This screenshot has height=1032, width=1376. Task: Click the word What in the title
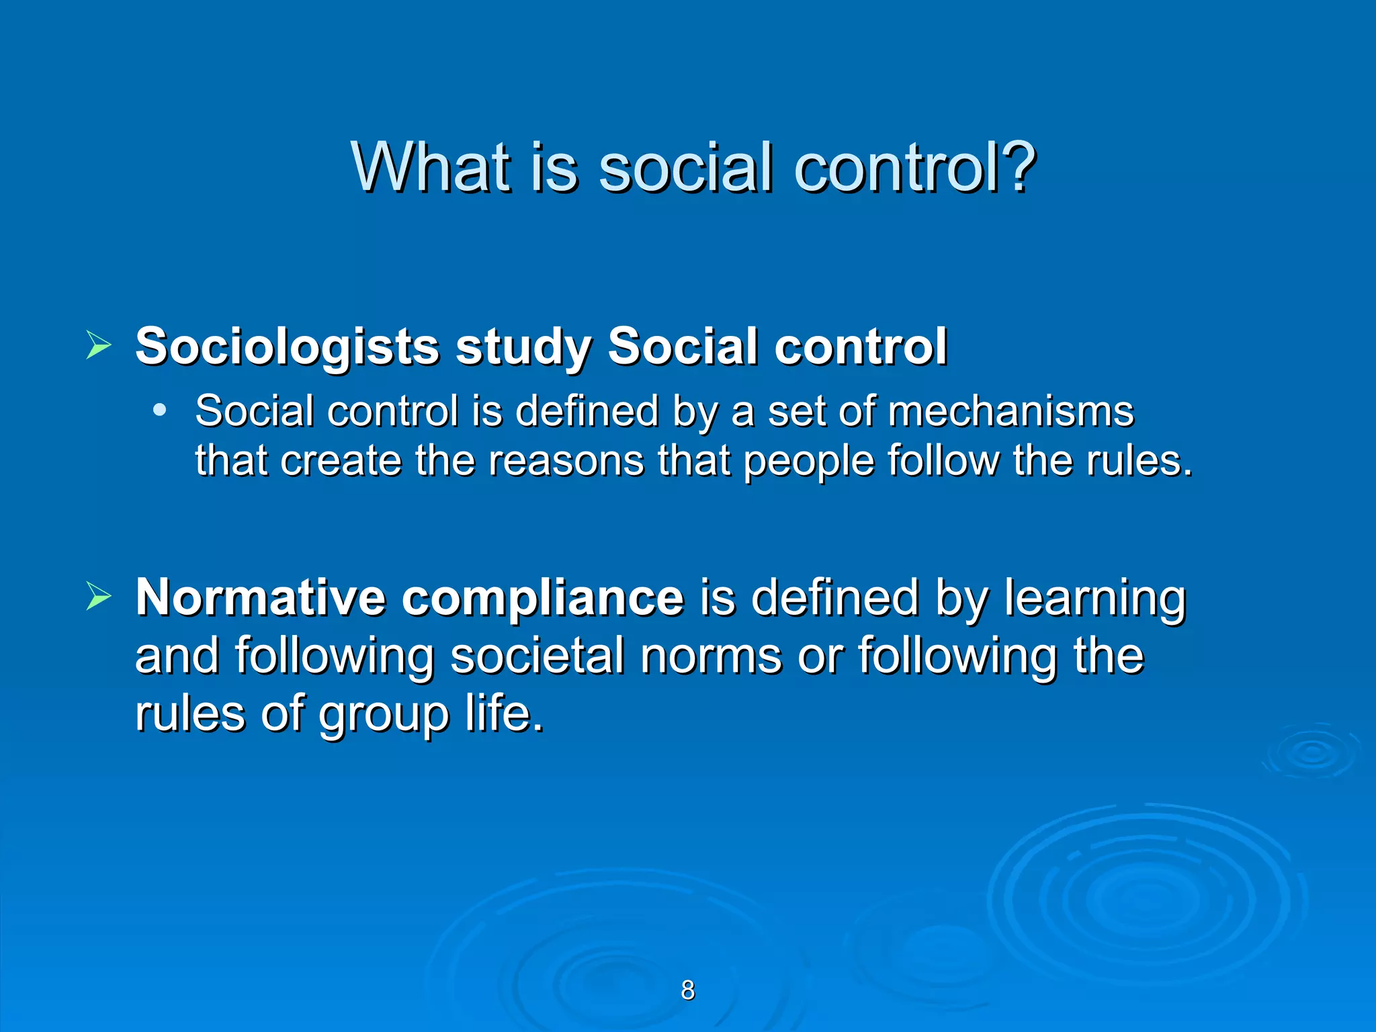point(430,168)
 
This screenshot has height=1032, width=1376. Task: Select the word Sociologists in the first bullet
point(287,347)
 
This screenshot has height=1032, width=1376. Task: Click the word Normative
point(260,597)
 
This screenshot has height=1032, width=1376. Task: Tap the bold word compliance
point(543,598)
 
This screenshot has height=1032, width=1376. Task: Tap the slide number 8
point(688,990)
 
